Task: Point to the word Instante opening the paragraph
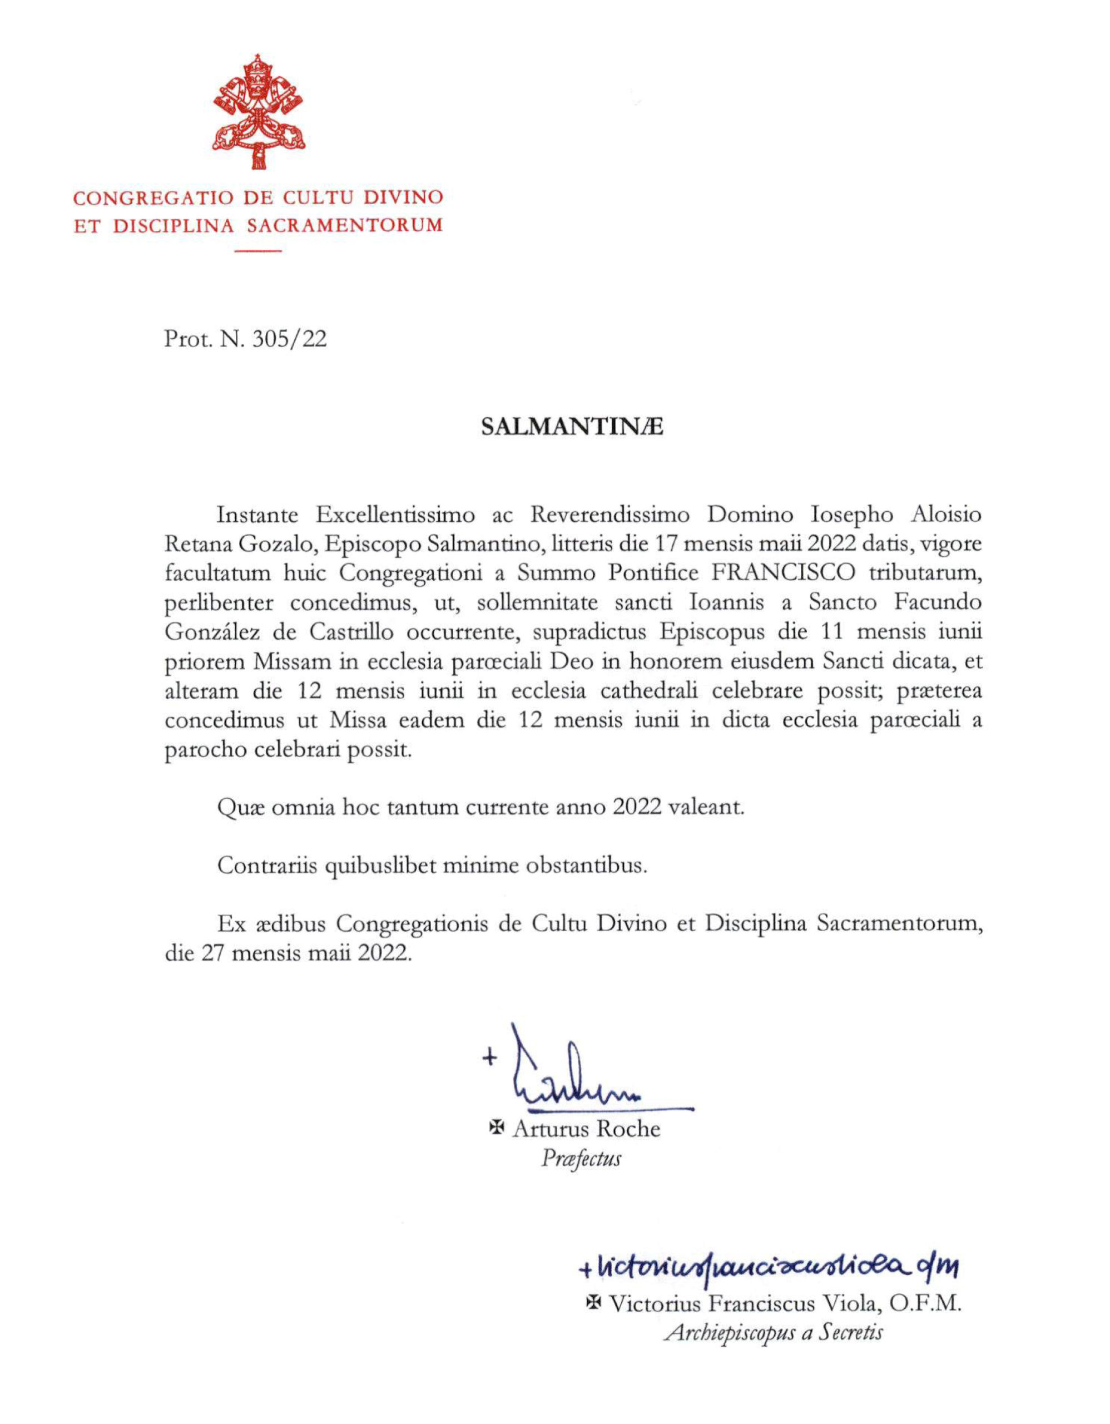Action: [257, 515]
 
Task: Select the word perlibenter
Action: [219, 602]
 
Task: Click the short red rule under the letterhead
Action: [258, 250]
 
